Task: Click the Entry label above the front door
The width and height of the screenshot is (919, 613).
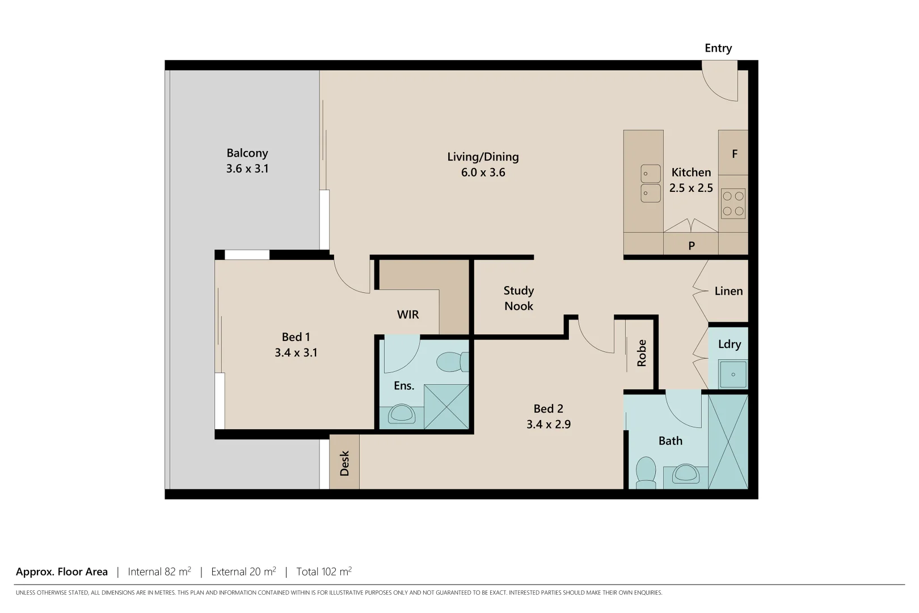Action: tap(718, 48)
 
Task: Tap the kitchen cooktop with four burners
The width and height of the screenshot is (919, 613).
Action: tap(732, 204)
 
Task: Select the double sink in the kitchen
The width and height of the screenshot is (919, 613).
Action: tap(651, 183)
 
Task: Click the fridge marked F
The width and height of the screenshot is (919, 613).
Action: tap(734, 154)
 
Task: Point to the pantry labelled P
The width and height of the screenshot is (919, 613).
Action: tap(691, 245)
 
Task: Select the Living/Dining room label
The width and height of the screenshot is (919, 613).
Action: tap(483, 157)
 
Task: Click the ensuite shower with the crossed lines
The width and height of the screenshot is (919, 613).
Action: tap(446, 406)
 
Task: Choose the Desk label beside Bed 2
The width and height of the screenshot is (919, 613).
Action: tap(344, 463)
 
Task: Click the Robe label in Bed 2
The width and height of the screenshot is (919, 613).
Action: tap(642, 352)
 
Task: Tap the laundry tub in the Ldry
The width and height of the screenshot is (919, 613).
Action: tap(733, 375)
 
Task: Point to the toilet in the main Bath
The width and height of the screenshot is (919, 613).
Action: tap(646, 473)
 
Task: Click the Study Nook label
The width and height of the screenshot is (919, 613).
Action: tap(518, 298)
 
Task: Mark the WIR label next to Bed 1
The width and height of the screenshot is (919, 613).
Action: tap(407, 314)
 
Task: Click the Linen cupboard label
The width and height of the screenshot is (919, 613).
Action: tap(728, 291)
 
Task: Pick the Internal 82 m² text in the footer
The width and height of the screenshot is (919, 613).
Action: tap(159, 572)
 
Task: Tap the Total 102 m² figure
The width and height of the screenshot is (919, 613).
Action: tap(324, 572)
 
